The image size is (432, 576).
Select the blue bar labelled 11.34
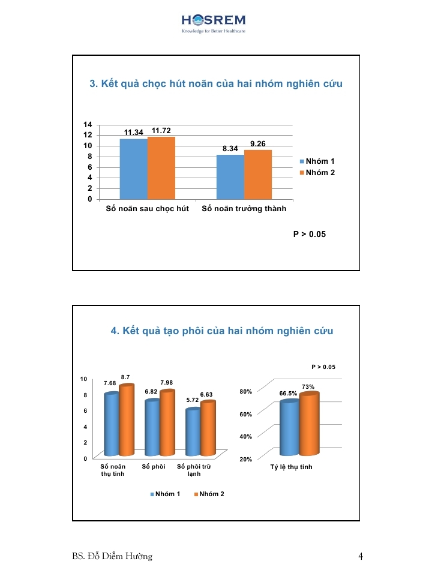(x=133, y=169)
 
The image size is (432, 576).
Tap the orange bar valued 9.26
(x=258, y=174)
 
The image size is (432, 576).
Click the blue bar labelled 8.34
(x=230, y=176)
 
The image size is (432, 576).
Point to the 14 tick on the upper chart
(x=88, y=124)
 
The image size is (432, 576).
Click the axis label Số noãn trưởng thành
(x=244, y=209)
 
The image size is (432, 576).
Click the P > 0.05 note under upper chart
(x=309, y=234)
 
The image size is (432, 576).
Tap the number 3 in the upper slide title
(x=93, y=84)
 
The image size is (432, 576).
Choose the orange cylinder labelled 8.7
(x=127, y=420)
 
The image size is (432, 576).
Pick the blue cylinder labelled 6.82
(x=152, y=428)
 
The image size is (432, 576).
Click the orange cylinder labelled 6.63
(x=208, y=428)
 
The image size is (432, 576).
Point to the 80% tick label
(x=245, y=392)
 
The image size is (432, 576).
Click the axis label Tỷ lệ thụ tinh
(x=291, y=467)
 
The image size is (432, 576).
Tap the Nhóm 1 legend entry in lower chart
(x=165, y=494)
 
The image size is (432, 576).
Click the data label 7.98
(x=167, y=383)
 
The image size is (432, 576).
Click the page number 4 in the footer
(x=361, y=556)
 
